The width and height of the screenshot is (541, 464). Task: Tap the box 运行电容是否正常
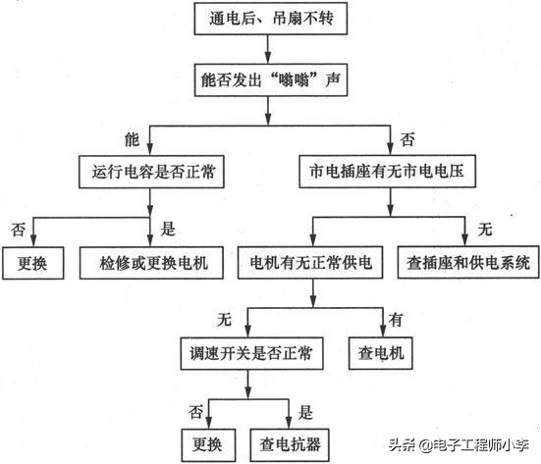pos(150,173)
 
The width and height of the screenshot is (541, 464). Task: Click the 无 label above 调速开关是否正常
pos(223,317)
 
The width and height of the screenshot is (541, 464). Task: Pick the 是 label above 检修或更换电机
pos(167,230)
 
